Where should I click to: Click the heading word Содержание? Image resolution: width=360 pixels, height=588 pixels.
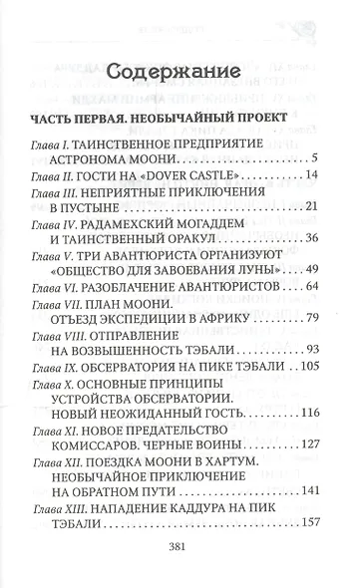180,74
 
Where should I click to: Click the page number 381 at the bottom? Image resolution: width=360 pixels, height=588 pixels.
180,557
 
